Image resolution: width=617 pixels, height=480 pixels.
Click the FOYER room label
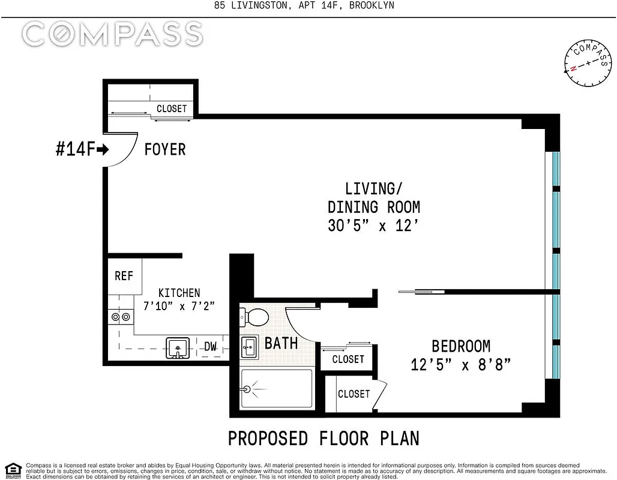pos(164,149)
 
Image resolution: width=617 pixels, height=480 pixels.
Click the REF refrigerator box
pos(124,275)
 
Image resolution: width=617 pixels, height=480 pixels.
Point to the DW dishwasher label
pos(210,346)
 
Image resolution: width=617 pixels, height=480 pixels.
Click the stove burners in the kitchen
pos(120,317)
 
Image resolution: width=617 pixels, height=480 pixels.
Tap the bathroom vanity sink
pos(250,346)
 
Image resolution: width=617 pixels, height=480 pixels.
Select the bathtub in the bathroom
pos(276,389)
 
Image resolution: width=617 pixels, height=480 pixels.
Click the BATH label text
pos(281,343)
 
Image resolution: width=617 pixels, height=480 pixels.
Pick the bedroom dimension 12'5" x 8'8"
pos(460,364)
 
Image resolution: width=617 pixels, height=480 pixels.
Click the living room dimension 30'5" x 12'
pos(373,226)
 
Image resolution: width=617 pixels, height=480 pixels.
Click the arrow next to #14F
pos(103,149)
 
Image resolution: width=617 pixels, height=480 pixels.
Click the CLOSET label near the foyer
pos(172,109)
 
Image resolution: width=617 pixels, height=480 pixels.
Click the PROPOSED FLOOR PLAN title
pos(324,439)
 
